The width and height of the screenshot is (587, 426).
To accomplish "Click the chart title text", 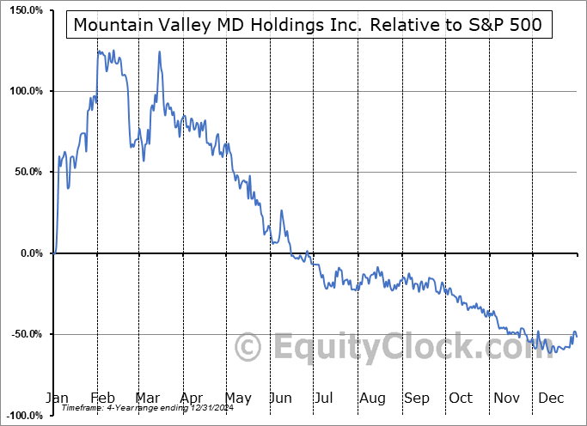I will (308, 25).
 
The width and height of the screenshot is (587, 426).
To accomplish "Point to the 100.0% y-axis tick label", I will (26, 91).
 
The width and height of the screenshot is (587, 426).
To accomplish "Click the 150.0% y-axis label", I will (26, 10).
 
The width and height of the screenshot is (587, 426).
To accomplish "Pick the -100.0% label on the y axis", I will (24, 415).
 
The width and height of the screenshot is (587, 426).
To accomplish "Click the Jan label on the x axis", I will (57, 399).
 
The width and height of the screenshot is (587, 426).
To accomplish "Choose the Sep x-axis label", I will (417, 399).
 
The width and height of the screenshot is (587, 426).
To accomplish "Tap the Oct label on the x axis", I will (461, 399).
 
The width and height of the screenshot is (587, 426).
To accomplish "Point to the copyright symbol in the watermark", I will (248, 349).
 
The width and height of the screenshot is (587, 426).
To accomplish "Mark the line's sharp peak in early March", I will (159, 52).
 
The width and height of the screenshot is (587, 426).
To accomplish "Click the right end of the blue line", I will (576, 336).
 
